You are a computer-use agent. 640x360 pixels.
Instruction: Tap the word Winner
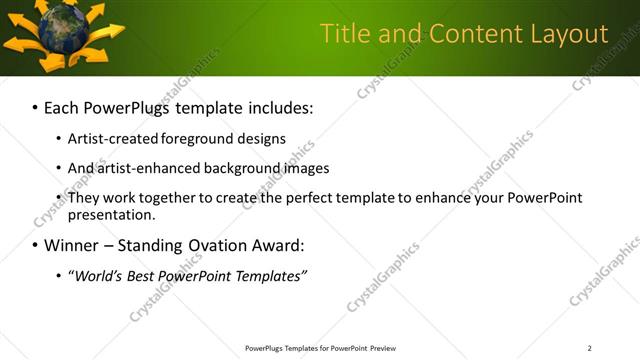[x=72, y=245]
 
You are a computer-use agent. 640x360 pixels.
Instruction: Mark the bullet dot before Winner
[x=35, y=246]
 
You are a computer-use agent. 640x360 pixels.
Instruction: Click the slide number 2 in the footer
[x=589, y=348]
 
